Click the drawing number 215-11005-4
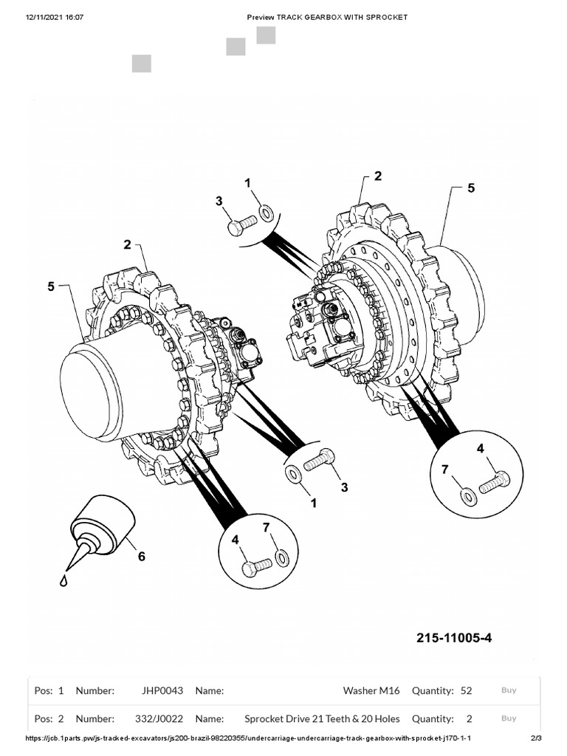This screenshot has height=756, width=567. pyautogui.click(x=453, y=637)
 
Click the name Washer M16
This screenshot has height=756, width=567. pyautogui.click(x=371, y=691)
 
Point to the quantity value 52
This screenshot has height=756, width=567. pyautogui.click(x=466, y=691)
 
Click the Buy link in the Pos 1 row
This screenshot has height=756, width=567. pyautogui.click(x=509, y=690)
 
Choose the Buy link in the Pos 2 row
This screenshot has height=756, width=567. pyautogui.click(x=509, y=718)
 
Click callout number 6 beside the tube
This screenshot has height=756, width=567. pyautogui.click(x=141, y=556)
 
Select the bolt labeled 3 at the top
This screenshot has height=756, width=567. pyautogui.click(x=241, y=224)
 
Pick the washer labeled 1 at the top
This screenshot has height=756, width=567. pyautogui.click(x=267, y=213)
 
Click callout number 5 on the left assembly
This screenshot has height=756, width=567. pyautogui.click(x=51, y=286)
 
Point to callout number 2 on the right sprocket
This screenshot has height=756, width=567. pyautogui.click(x=378, y=176)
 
